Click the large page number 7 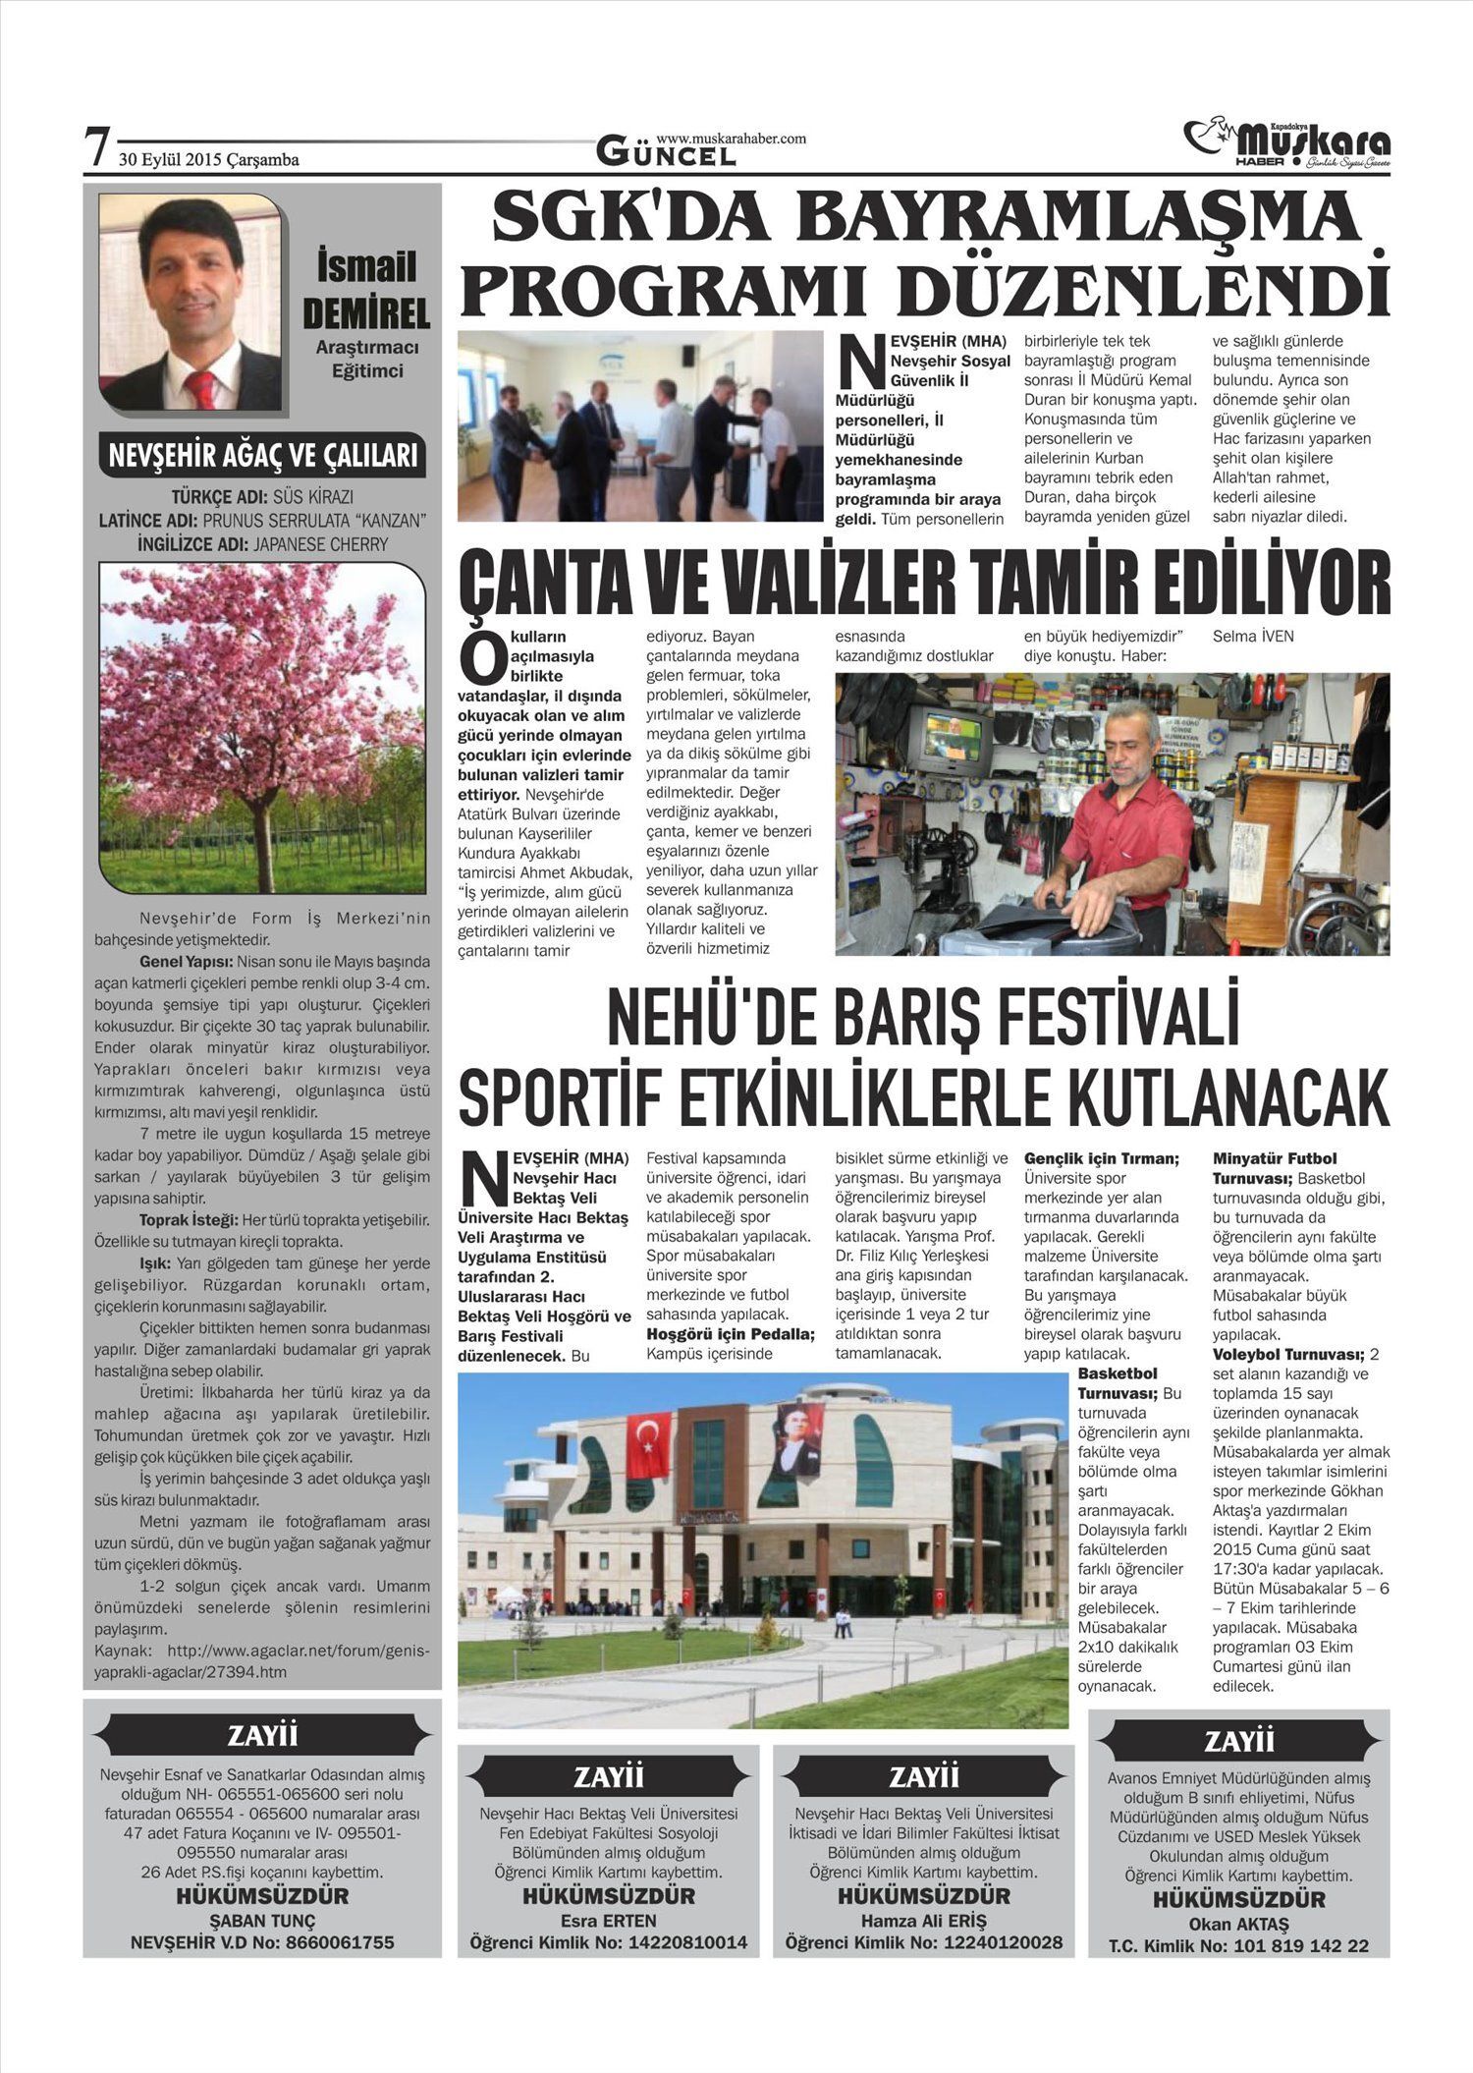96,147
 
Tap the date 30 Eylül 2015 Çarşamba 209,160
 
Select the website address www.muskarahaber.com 731,139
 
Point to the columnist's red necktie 201,389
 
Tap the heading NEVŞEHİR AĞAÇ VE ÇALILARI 262,456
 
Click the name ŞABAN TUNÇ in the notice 262,1921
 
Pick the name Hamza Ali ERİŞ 923,1921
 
